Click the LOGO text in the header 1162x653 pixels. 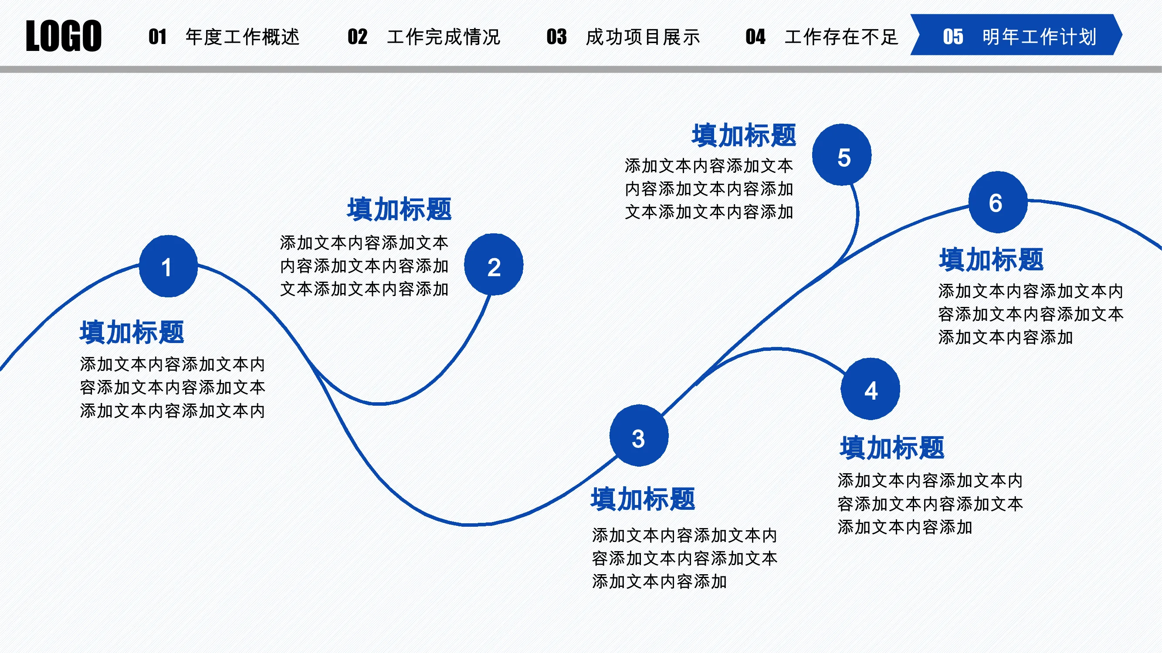[x=64, y=36]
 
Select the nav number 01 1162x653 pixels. [x=157, y=37]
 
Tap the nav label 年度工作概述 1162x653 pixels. [x=243, y=37]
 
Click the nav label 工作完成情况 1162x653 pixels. [x=444, y=37]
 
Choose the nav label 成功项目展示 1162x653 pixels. [x=643, y=37]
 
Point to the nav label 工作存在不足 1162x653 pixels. [x=842, y=37]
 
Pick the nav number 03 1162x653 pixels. [x=557, y=37]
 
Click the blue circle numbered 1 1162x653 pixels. [x=168, y=266]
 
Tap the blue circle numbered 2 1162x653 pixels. [x=494, y=265]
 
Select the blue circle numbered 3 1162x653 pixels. [x=639, y=435]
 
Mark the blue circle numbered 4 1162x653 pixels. [x=870, y=389]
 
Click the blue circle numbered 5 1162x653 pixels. [x=842, y=155]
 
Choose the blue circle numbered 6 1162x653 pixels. [x=998, y=202]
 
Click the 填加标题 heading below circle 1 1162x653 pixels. [x=132, y=332]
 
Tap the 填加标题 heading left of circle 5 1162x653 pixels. [x=744, y=135]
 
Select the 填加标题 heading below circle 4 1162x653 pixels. [x=892, y=448]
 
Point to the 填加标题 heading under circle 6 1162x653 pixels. [x=992, y=259]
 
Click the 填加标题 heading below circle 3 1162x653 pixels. [x=643, y=499]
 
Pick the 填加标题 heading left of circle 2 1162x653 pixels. [x=400, y=209]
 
